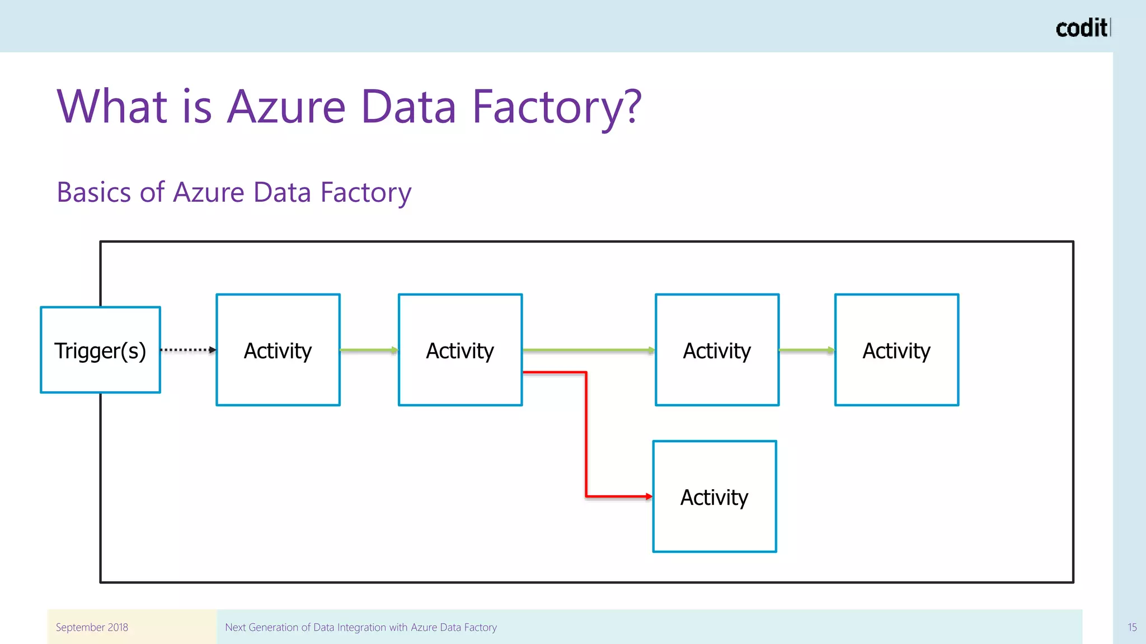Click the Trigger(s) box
100,350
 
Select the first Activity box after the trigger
278,350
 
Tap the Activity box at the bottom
715,496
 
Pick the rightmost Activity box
896,350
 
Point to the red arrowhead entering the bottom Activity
649,496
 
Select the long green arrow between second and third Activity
588,350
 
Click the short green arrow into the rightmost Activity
806,350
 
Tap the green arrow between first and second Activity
369,350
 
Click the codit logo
1081,28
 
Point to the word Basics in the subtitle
93,192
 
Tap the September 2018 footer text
92,627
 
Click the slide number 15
1132,627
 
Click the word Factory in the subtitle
365,193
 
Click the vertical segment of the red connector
586,434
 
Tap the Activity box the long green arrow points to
717,350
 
